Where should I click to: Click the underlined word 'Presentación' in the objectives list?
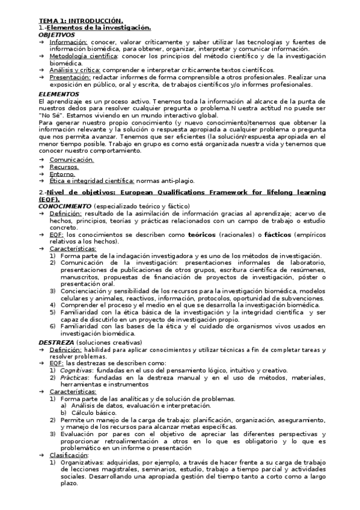click(x=68, y=77)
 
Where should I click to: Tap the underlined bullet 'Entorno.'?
click(x=63, y=174)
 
